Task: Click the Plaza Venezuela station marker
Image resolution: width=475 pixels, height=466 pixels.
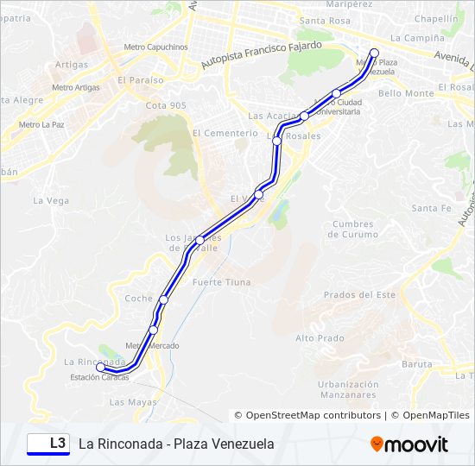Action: pyautogui.click(x=374, y=54)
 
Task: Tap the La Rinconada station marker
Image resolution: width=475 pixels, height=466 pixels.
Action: pyautogui.click(x=101, y=368)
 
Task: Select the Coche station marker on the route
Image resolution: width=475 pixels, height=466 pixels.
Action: pyautogui.click(x=163, y=299)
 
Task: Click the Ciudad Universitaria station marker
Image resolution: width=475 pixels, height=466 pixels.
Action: pyautogui.click(x=337, y=94)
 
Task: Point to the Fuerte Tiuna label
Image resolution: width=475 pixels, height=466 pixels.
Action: pyautogui.click(x=222, y=282)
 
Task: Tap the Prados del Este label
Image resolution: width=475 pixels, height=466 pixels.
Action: pyautogui.click(x=359, y=295)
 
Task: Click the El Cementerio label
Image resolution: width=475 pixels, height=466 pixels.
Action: pyautogui.click(x=225, y=133)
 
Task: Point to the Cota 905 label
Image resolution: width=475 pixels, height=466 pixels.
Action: pyautogui.click(x=166, y=105)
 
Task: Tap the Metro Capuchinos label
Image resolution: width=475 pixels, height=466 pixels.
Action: pyautogui.click(x=155, y=47)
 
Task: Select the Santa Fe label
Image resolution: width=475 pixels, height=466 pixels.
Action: pyautogui.click(x=431, y=208)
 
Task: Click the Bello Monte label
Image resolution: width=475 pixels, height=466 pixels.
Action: pyautogui.click(x=406, y=93)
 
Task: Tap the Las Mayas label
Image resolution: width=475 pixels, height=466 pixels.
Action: pyautogui.click(x=133, y=402)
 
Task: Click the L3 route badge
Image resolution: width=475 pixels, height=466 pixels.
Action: pyautogui.click(x=48, y=444)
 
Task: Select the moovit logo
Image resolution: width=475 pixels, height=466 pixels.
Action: pyautogui.click(x=409, y=444)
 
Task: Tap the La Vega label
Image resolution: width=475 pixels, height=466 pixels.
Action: pyautogui.click(x=51, y=200)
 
